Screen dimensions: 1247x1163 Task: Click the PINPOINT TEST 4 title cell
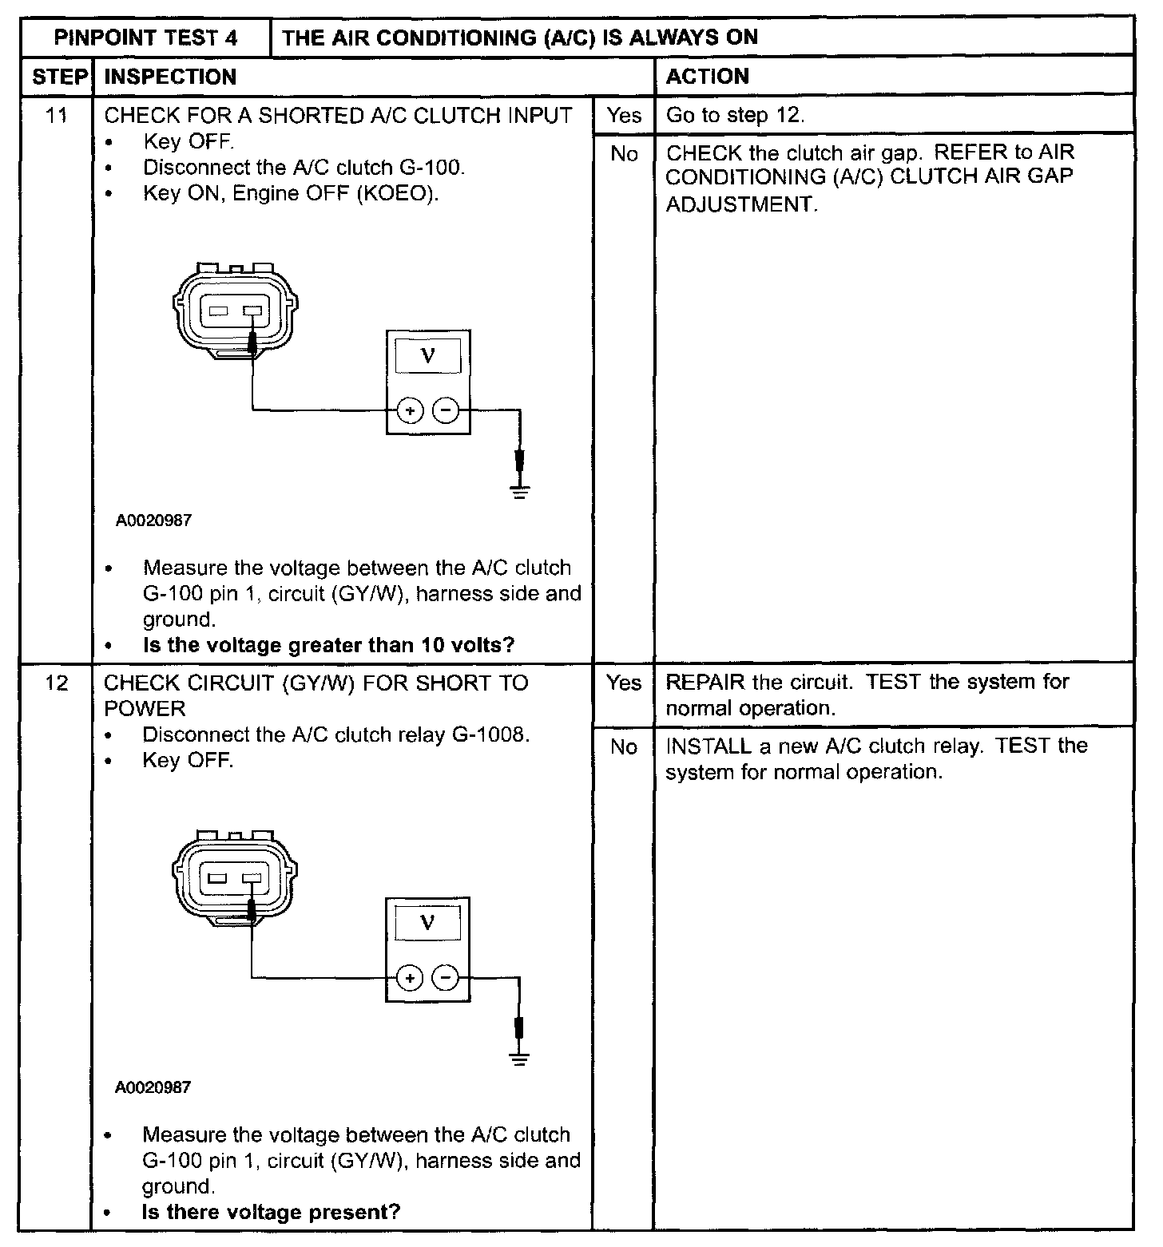tap(145, 38)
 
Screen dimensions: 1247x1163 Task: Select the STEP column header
tap(58, 77)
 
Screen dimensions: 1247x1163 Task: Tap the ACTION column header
tap(707, 77)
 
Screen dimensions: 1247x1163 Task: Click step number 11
tap(56, 116)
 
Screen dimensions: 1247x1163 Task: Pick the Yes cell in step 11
tap(623, 116)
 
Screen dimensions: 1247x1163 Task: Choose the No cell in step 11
tap(623, 154)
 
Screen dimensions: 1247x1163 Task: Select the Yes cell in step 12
tap(623, 683)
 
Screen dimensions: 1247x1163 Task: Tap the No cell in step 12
tap(623, 747)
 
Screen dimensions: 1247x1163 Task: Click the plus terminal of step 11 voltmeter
tap(410, 411)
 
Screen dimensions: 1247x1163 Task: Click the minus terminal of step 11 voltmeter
tap(446, 411)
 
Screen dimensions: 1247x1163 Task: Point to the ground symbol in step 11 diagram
tap(520, 490)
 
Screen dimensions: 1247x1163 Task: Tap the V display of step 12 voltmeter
tap(427, 924)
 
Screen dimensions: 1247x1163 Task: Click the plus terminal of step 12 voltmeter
tap(410, 977)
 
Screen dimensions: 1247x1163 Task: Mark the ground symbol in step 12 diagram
tap(520, 1059)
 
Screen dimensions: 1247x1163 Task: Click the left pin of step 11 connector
tap(219, 311)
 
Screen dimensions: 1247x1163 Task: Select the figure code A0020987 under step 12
tap(153, 1087)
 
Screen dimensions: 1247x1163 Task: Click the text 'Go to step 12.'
tap(735, 116)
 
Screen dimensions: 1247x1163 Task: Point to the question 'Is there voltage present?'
tap(271, 1212)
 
